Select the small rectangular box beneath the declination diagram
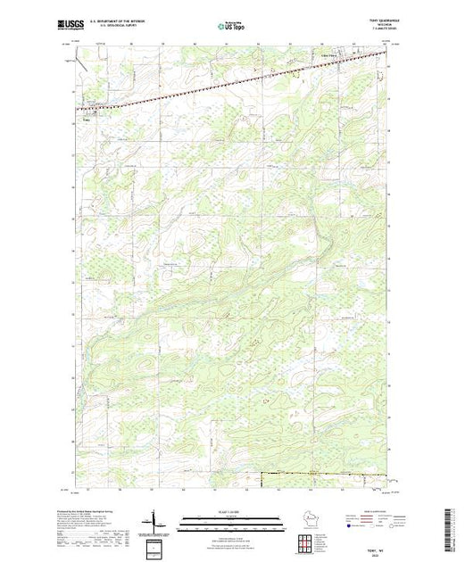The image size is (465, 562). tap(156, 544)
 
